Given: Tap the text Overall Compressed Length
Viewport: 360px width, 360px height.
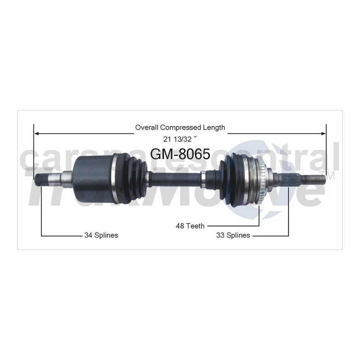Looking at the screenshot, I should pos(180,127).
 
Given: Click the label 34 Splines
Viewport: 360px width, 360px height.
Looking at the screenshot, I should pos(101,235).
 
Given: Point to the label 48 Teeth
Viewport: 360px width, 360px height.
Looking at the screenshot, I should pos(190,226).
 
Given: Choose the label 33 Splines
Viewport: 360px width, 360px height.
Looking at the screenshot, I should pos(233,235).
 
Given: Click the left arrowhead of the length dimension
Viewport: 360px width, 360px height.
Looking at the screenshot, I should pos(36,133).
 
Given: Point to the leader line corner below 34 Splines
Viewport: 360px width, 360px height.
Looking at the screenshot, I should pos(41,235).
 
